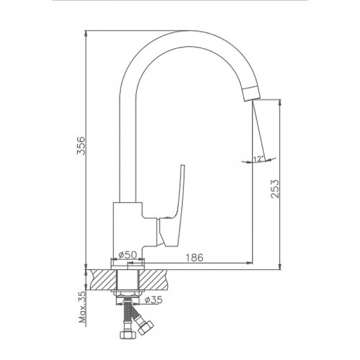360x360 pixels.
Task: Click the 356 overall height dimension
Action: point(81,145)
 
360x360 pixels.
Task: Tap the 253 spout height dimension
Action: point(275,189)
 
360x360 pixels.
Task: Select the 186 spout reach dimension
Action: point(194,258)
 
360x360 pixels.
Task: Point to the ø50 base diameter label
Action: point(127,254)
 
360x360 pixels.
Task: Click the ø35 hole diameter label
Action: point(154,300)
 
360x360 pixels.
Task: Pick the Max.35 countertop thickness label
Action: point(82,307)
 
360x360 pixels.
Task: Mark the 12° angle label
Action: point(258,158)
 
